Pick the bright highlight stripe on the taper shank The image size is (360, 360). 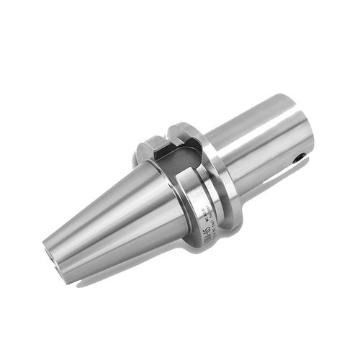coord(108,209)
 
